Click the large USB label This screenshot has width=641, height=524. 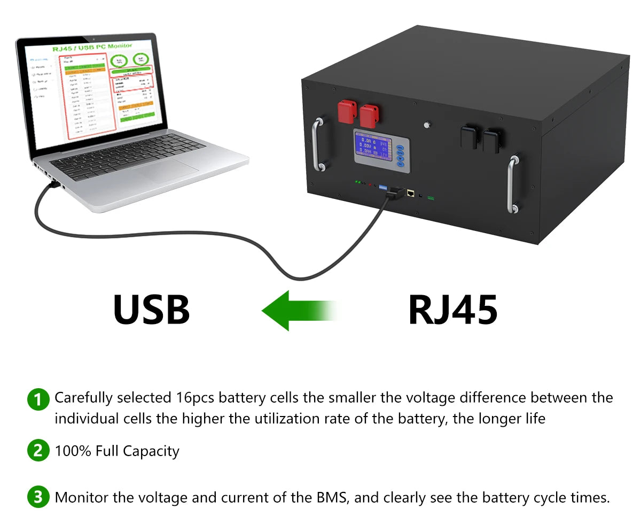[152, 310]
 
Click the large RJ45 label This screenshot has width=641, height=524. [453, 310]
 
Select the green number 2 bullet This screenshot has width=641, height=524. [37, 451]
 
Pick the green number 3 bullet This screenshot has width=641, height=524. [37, 497]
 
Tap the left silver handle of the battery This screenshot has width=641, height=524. [318, 144]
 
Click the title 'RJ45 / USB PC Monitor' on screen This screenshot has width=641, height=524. [92, 47]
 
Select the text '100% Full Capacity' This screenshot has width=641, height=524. [117, 451]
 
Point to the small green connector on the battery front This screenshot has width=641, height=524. [431, 198]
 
